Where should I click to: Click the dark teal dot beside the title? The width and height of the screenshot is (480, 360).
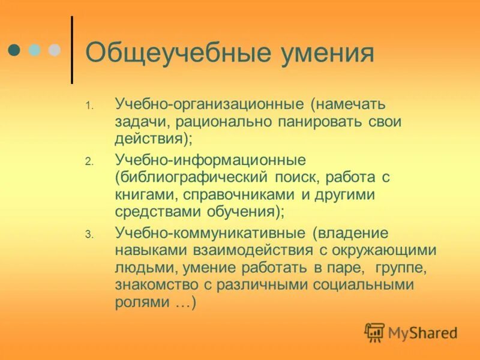(15, 50)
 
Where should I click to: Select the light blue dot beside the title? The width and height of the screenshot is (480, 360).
(35, 50)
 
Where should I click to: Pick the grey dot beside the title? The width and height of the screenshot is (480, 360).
(55, 50)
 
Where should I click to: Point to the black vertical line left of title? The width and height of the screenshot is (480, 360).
(73, 50)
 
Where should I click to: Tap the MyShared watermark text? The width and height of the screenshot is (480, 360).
(422, 332)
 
